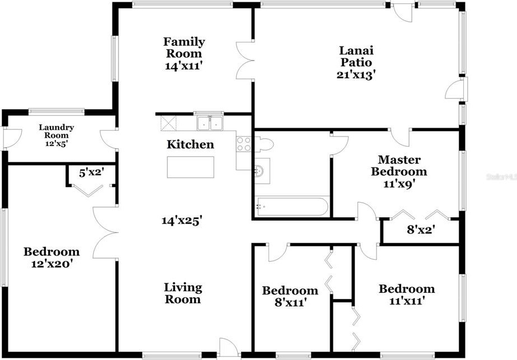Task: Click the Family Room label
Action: point(184,48)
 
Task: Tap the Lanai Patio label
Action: point(356,57)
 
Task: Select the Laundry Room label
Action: point(57,132)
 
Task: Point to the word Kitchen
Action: point(190,144)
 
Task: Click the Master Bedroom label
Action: point(399,166)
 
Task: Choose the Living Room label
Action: point(183,293)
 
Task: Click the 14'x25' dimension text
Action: point(182,221)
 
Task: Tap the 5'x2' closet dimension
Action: point(92,172)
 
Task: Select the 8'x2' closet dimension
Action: point(420,230)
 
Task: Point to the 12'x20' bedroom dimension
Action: point(52,264)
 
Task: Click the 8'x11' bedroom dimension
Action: point(291,302)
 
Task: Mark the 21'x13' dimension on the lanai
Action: point(356,75)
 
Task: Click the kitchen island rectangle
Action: point(190,167)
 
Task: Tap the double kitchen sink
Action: point(210,123)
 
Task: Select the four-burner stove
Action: point(243,144)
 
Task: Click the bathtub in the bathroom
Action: point(292,207)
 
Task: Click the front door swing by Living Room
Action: point(228,348)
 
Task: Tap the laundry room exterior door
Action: point(12,139)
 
